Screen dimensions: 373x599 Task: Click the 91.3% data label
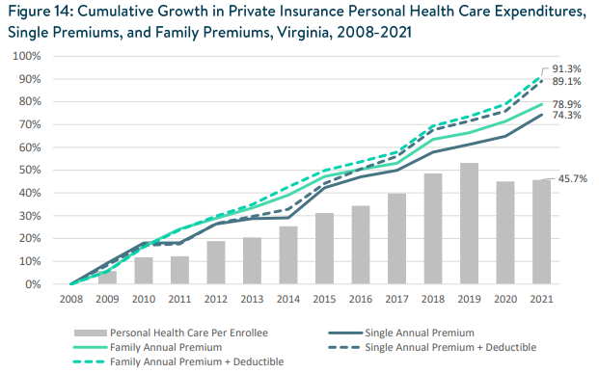(x=566, y=69)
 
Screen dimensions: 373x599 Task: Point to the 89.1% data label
(x=566, y=82)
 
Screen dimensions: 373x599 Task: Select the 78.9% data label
(x=566, y=103)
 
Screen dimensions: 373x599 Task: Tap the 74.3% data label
(x=566, y=116)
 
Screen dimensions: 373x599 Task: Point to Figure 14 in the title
(x=43, y=11)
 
